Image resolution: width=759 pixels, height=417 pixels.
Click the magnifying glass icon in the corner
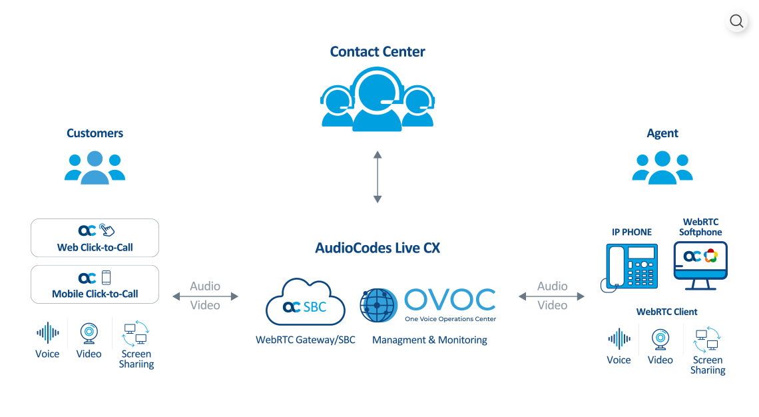click(736, 21)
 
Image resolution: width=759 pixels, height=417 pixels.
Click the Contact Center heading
click(378, 52)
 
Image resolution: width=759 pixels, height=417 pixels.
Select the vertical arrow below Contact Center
click(378, 177)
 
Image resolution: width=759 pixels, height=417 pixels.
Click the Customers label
click(95, 133)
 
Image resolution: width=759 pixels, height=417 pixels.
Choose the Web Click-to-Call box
click(95, 238)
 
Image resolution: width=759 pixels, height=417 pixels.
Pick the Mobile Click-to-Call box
click(95, 284)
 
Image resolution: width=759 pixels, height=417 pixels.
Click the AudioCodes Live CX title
click(378, 248)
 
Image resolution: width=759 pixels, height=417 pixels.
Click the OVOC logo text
click(449, 301)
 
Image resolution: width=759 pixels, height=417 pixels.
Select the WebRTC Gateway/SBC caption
click(305, 340)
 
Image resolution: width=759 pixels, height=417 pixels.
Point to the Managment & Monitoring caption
click(429, 340)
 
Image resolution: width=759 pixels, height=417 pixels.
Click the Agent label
click(662, 133)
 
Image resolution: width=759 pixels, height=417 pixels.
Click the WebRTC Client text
click(666, 311)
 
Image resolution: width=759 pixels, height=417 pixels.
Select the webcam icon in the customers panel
click(89, 332)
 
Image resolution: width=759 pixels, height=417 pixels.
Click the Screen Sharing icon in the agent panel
click(707, 339)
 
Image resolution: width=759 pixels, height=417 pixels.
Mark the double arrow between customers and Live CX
click(206, 295)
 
